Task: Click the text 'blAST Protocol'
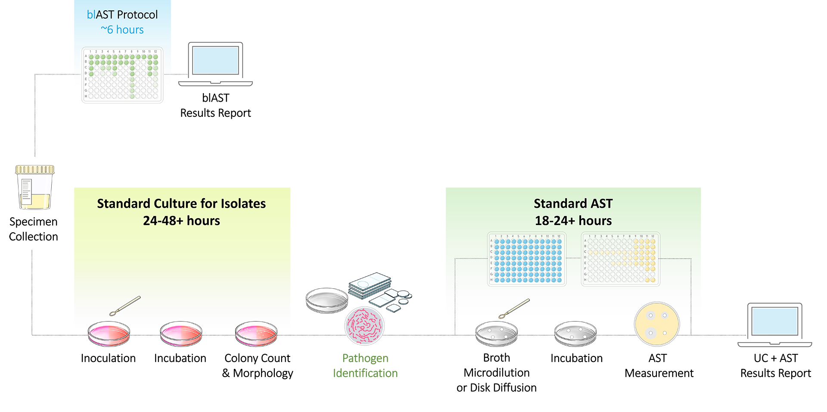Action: click(122, 15)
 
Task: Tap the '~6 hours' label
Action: click(122, 30)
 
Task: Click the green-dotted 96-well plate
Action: click(122, 75)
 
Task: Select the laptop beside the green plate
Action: click(215, 63)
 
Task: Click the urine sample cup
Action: click(35, 187)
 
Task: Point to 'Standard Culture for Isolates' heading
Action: click(181, 203)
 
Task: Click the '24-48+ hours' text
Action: click(181, 221)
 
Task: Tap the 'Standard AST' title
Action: click(573, 203)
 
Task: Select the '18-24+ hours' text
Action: click(573, 221)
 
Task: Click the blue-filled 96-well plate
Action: click(527, 259)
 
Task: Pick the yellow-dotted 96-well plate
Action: click(620, 259)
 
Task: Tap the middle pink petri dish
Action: click(181, 333)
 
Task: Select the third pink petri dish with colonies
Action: click(256, 333)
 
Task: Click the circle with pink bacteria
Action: click(364, 325)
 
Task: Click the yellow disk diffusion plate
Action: click(656, 324)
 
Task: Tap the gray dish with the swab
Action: click(496, 334)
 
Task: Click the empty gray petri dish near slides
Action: click(327, 300)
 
